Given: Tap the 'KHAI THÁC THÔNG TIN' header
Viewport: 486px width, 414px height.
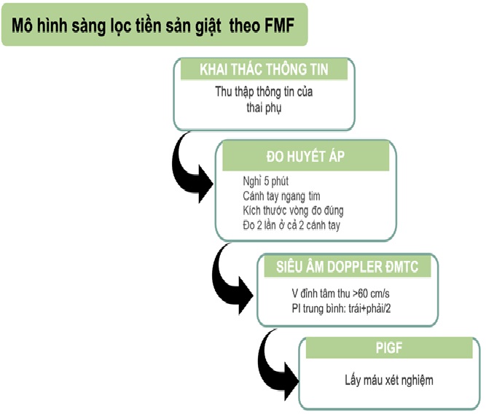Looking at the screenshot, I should [264, 70].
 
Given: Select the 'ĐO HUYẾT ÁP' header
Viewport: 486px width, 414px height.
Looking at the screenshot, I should [305, 156].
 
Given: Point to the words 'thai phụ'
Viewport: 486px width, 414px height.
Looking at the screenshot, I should [264, 108].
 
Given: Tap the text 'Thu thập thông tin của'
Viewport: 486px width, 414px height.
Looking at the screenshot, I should [264, 93].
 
